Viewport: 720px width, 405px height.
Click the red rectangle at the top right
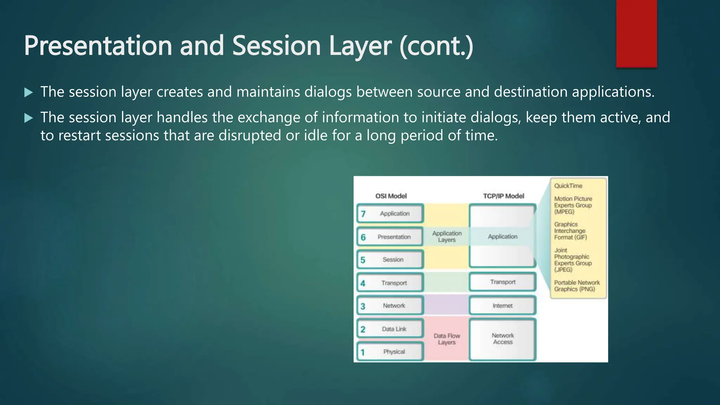(636, 33)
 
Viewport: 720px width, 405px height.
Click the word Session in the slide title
(276, 46)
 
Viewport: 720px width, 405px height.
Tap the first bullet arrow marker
(28, 92)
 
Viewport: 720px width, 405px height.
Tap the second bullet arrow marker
(28, 118)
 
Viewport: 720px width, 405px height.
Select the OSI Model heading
(391, 196)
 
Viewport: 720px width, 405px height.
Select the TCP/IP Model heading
(503, 196)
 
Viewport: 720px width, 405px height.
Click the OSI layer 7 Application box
(390, 213)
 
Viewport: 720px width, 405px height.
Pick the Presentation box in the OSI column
(390, 237)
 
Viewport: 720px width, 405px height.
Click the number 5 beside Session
(363, 260)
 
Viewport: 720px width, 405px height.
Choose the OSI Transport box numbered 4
(390, 283)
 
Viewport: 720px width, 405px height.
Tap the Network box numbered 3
(390, 306)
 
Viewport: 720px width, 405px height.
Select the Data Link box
(390, 329)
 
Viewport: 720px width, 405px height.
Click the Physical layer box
(390, 352)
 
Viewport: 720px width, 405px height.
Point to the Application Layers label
(447, 237)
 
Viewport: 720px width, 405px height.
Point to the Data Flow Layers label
(447, 339)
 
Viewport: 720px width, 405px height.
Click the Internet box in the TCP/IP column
(502, 306)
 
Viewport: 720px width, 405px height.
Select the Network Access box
(502, 339)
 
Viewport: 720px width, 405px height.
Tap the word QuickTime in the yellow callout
(568, 186)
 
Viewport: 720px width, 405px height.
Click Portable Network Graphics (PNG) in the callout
(577, 286)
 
